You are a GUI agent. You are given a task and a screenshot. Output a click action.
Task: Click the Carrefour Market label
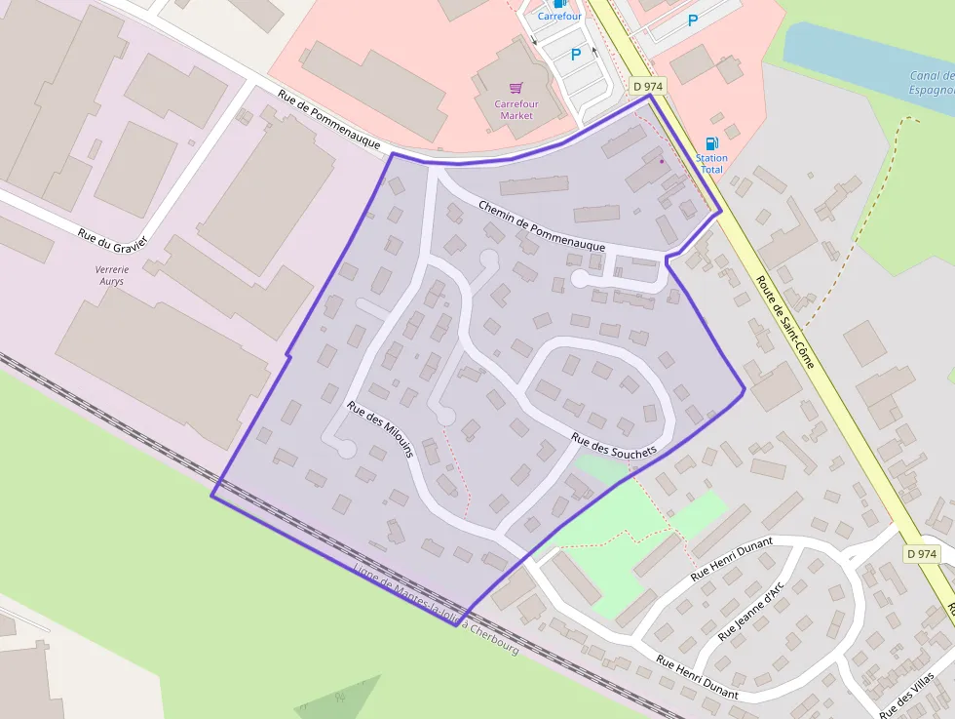[x=516, y=109]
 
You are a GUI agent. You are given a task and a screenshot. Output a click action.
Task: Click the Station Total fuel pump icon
[x=712, y=143]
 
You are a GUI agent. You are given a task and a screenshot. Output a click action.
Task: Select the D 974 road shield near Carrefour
[x=648, y=87]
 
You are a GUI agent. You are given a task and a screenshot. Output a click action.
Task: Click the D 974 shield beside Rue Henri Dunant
[x=921, y=553]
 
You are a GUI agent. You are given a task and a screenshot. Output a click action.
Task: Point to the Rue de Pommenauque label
[x=328, y=119]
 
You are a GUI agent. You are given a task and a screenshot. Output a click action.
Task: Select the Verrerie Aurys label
[x=110, y=275]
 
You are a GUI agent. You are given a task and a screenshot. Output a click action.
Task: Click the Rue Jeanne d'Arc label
[x=751, y=614]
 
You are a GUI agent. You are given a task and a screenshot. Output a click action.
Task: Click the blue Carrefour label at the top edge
[x=559, y=17]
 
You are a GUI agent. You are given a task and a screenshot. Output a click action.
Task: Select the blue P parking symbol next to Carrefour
[x=575, y=56]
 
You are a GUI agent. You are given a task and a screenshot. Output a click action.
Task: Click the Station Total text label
[x=711, y=163]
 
